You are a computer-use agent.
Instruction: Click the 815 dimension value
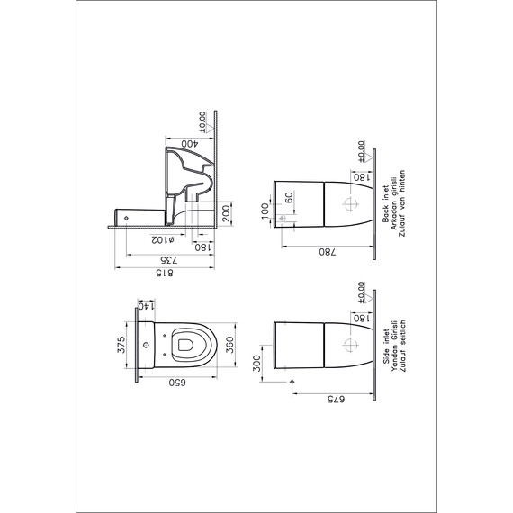[164, 273]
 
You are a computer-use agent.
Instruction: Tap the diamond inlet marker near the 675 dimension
[292, 382]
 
